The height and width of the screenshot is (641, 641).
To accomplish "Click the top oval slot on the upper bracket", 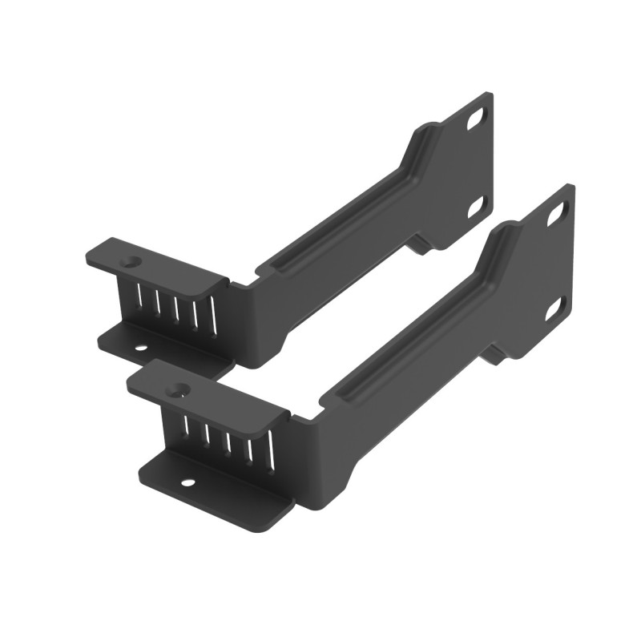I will [x=478, y=118].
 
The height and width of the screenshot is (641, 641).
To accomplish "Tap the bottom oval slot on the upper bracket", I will [x=475, y=206].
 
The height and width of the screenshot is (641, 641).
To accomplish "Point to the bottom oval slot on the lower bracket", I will [x=554, y=307].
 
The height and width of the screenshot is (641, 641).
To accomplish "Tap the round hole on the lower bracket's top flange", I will [x=178, y=390].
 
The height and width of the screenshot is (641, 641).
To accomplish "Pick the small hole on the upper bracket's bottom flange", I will [x=141, y=349].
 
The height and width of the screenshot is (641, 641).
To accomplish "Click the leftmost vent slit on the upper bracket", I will [x=139, y=300].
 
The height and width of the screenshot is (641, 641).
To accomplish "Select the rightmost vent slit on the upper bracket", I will [x=214, y=317].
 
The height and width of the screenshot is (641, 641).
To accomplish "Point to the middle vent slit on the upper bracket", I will [x=176, y=309].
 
